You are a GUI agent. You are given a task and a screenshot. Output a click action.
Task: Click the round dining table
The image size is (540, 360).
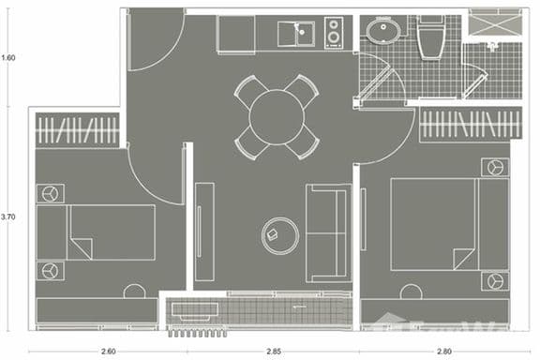pos(277,116)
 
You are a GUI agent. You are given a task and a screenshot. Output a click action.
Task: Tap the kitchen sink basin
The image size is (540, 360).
pos(302,35)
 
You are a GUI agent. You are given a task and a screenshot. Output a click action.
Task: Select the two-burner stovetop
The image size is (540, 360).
pos(334,33)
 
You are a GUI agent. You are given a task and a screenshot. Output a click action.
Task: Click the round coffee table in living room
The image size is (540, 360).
pos(278,233)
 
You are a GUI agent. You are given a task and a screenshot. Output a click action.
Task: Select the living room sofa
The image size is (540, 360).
pos(327,232)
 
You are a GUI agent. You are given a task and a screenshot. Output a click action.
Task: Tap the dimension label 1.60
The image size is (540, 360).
pos(9,57)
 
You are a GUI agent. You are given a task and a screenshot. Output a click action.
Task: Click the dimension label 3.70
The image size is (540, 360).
pos(9,217)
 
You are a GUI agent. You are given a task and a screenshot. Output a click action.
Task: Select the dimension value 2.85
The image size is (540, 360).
pos(272,351)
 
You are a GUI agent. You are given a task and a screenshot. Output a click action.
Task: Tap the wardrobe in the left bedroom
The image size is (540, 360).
pos(78,130)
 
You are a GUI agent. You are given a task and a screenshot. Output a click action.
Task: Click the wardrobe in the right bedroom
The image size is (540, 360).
pos(470,125)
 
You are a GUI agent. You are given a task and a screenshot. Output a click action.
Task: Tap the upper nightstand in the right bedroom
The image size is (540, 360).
pos(493,168)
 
